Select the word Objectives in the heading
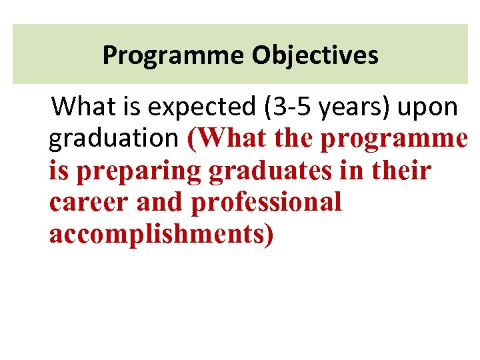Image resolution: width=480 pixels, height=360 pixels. (x=315, y=55)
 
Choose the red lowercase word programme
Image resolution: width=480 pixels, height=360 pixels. (x=394, y=139)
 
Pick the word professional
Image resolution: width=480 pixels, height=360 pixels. (x=266, y=203)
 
